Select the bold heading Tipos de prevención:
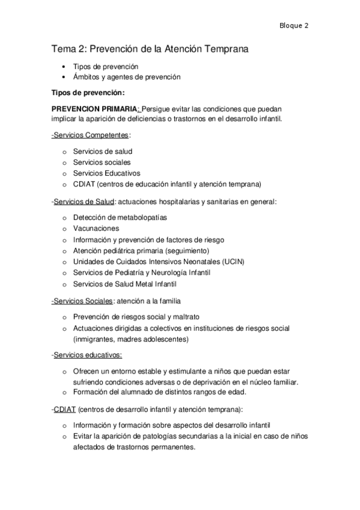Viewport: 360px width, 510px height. tap(88, 93)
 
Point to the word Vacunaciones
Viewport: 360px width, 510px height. tap(96, 229)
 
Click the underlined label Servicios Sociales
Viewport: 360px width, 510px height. tap(83, 300)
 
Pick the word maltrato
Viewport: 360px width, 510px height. tap(185, 316)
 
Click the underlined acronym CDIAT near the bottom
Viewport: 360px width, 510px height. tap(64, 409)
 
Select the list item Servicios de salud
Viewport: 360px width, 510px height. tap(102, 152)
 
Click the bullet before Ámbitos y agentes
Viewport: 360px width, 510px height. tap(64, 77)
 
